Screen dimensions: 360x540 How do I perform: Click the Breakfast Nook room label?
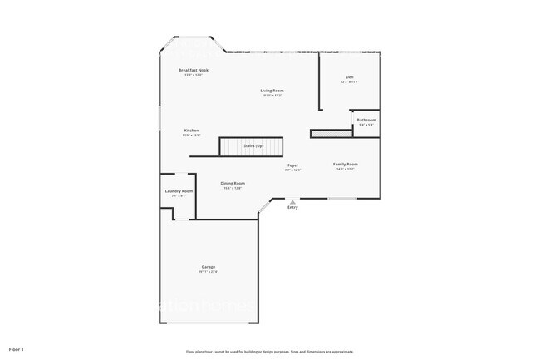(x=194, y=71)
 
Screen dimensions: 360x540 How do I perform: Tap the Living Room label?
(x=272, y=91)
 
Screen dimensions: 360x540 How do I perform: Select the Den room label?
(x=350, y=77)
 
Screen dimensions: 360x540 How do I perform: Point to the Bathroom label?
(x=366, y=120)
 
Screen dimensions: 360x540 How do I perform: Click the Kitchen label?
(x=192, y=131)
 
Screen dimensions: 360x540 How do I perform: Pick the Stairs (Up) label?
(x=253, y=146)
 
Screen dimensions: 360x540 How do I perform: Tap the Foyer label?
(x=293, y=165)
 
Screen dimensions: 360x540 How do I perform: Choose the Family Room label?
(x=345, y=165)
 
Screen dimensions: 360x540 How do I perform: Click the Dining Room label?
(x=233, y=183)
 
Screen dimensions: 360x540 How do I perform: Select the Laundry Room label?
(x=179, y=191)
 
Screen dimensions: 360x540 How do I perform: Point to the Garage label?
(x=208, y=267)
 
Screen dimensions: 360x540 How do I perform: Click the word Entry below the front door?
(x=292, y=208)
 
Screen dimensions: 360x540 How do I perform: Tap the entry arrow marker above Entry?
(x=292, y=201)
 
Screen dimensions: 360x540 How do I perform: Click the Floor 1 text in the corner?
(x=17, y=348)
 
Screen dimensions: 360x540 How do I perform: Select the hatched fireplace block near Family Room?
(x=325, y=133)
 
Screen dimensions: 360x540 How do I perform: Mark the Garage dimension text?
(x=208, y=272)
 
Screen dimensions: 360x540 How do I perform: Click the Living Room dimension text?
(x=272, y=96)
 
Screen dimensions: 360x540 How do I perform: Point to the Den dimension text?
(x=350, y=82)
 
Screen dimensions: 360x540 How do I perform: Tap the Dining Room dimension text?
(x=233, y=188)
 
